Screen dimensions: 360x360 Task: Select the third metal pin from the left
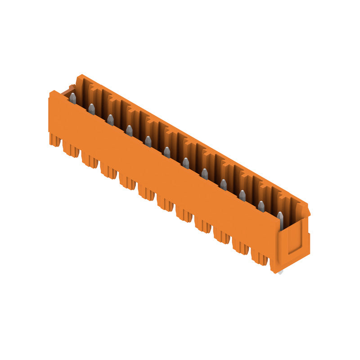click(110, 120)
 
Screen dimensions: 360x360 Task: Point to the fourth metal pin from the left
click(129, 130)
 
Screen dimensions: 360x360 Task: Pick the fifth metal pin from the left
click(148, 141)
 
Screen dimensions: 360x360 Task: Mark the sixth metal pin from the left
click(167, 152)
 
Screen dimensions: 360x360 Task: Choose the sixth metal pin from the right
click(185, 163)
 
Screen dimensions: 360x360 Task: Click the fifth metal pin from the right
click(204, 174)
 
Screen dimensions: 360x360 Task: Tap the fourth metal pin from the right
click(223, 184)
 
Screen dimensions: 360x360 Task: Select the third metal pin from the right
click(242, 195)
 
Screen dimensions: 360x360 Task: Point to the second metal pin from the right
click(261, 206)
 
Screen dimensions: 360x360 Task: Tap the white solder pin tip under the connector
click(280, 272)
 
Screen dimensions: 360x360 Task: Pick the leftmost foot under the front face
click(55, 140)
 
